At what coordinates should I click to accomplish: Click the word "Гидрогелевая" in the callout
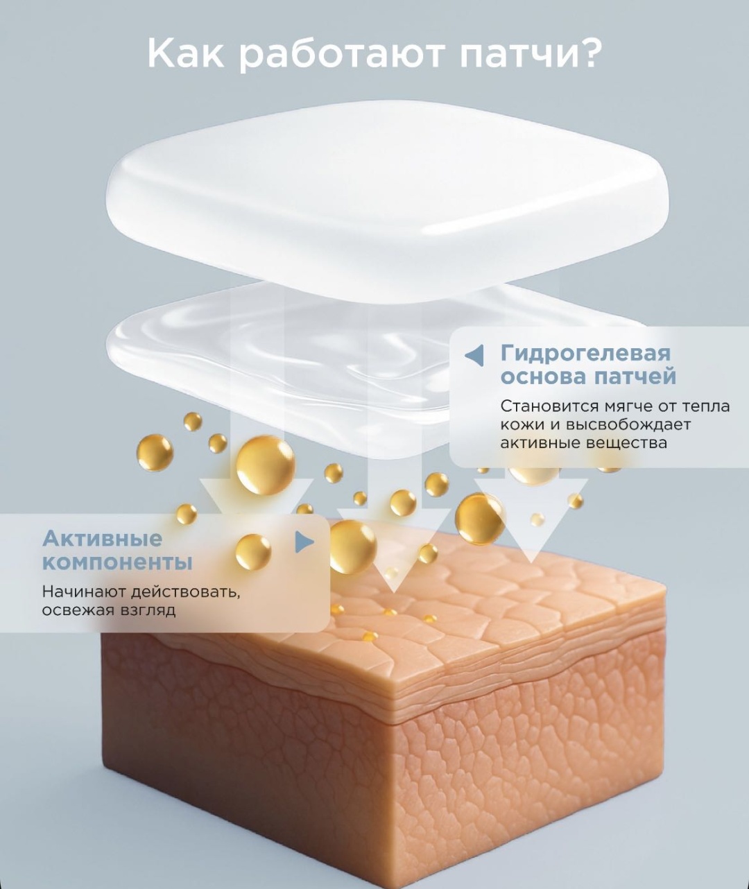pyautogui.click(x=585, y=354)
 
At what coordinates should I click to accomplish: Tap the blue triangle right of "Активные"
pyautogui.click(x=304, y=542)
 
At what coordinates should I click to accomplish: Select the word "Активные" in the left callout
pyautogui.click(x=102, y=539)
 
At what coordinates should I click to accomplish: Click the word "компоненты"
pyautogui.click(x=117, y=562)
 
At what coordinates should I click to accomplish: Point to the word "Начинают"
pyautogui.click(x=84, y=592)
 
